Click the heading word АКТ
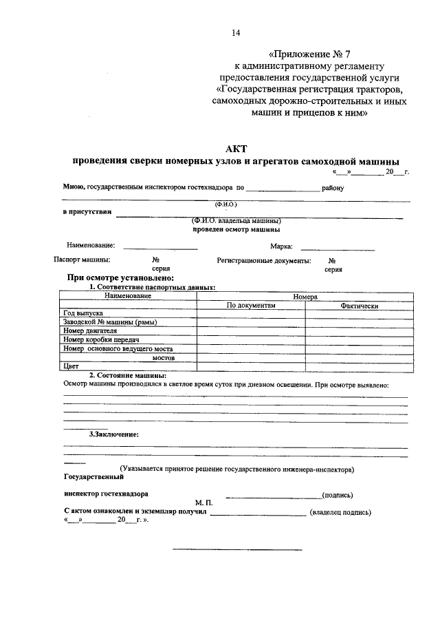coord(236,149)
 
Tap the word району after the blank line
coord(333,188)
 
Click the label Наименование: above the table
coord(91,246)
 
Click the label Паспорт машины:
coord(82,261)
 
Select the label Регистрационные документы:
coord(263,261)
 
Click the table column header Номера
coord(305,295)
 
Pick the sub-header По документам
coord(250,304)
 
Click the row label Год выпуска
coord(83,313)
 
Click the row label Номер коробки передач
coord(101,340)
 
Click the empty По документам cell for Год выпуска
coord(250,313)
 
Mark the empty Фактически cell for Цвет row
coord(360,367)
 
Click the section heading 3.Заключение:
coord(114,434)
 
